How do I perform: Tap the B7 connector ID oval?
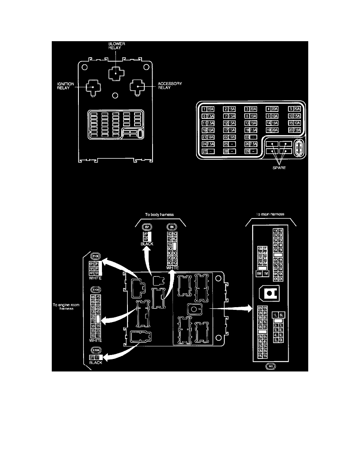[x=147, y=227]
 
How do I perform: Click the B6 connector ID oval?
[x=171, y=227]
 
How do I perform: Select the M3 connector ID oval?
[x=270, y=367]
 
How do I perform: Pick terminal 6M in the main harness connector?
[x=259, y=273]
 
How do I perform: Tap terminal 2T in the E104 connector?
[x=93, y=357]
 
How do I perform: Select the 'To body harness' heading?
[x=159, y=215]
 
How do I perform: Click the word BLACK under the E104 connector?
[x=96, y=363]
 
